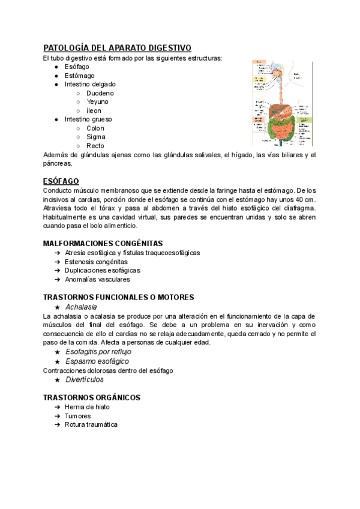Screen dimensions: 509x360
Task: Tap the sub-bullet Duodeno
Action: pos(100,93)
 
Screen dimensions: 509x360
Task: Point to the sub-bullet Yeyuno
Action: pos(98,101)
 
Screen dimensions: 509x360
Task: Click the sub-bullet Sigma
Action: pos(96,137)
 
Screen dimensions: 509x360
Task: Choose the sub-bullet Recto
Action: pos(95,145)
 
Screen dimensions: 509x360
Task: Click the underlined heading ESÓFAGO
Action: pos(61,181)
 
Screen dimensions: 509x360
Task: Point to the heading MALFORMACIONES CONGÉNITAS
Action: pos(103,243)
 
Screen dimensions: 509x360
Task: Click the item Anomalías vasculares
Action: pos(97,279)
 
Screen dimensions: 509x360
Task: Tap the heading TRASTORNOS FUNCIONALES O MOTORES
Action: pos(118,297)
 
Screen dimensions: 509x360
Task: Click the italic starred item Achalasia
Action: pos(81,307)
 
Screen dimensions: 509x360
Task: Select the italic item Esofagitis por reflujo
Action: pos(98,351)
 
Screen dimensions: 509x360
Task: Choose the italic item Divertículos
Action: pos(85,379)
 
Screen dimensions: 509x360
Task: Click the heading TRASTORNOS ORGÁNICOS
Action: pos(92,397)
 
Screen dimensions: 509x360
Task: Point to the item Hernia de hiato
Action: pos(88,406)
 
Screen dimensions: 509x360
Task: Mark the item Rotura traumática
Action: pos(91,424)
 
